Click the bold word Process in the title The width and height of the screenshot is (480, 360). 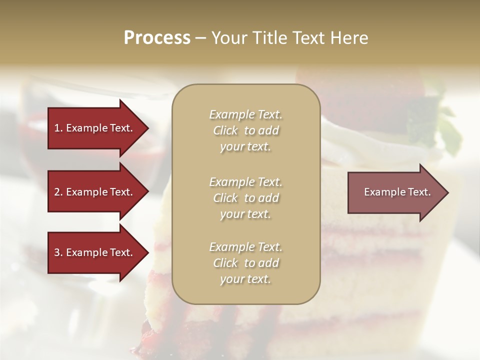(x=157, y=38)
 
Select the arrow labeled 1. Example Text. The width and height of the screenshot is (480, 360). (x=95, y=128)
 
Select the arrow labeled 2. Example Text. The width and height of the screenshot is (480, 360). (x=95, y=192)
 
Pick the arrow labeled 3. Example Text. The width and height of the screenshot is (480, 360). (x=95, y=252)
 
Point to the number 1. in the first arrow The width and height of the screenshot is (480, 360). (x=58, y=128)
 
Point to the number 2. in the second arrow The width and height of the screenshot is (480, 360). (x=58, y=192)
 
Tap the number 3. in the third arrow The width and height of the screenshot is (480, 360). (x=58, y=252)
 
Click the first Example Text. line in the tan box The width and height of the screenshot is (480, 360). (x=245, y=114)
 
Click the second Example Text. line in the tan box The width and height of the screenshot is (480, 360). (x=245, y=181)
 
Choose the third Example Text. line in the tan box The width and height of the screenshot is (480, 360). (x=245, y=247)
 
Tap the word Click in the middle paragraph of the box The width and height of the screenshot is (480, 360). (x=225, y=198)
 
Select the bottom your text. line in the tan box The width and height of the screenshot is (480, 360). (x=245, y=279)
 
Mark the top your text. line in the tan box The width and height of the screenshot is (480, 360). (x=245, y=147)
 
